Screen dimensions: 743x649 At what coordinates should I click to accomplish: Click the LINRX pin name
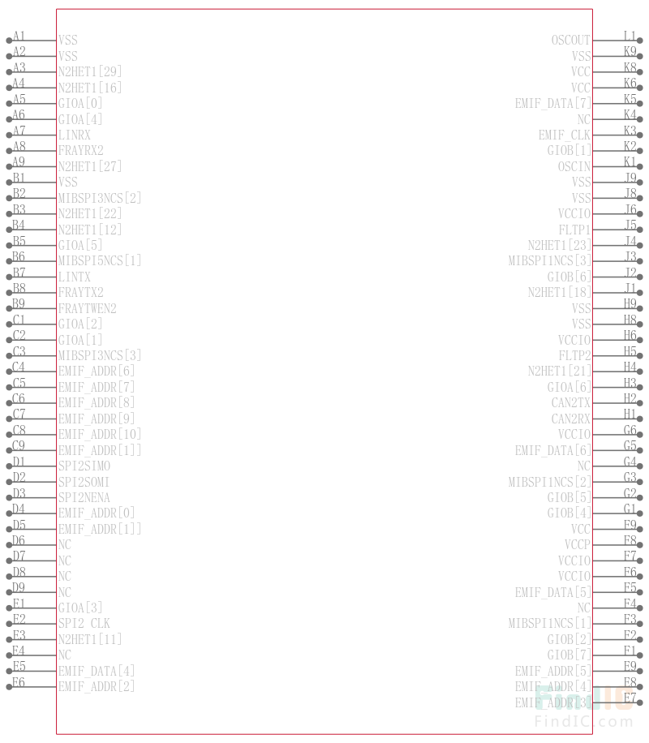point(75,135)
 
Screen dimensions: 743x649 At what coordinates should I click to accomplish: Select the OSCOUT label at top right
point(571,40)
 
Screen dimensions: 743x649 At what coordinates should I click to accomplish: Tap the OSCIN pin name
point(574,166)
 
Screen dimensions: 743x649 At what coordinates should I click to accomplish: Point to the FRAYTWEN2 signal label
point(88,308)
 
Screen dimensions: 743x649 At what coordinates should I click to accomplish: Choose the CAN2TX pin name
point(571,402)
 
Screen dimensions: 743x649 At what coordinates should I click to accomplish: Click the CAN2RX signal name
point(571,419)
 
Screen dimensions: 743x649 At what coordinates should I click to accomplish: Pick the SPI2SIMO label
point(84,466)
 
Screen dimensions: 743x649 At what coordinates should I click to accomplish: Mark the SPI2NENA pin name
point(84,497)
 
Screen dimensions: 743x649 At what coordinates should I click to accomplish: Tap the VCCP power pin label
point(578,544)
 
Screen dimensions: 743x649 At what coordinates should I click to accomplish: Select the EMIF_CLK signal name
point(565,135)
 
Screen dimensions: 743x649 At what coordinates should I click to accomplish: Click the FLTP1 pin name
point(574,230)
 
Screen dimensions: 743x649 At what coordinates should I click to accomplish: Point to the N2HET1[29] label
point(90,71)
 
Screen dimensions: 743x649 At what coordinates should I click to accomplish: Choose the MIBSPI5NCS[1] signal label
point(100,260)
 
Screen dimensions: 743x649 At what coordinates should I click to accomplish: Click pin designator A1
point(19,36)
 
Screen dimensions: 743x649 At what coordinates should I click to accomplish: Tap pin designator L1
point(630,36)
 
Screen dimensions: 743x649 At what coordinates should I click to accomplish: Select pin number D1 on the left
point(19,462)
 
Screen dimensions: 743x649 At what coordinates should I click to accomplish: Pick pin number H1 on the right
point(630,414)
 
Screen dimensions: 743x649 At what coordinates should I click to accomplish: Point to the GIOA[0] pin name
point(80,103)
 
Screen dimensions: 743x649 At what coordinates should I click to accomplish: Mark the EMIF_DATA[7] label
point(552,103)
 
